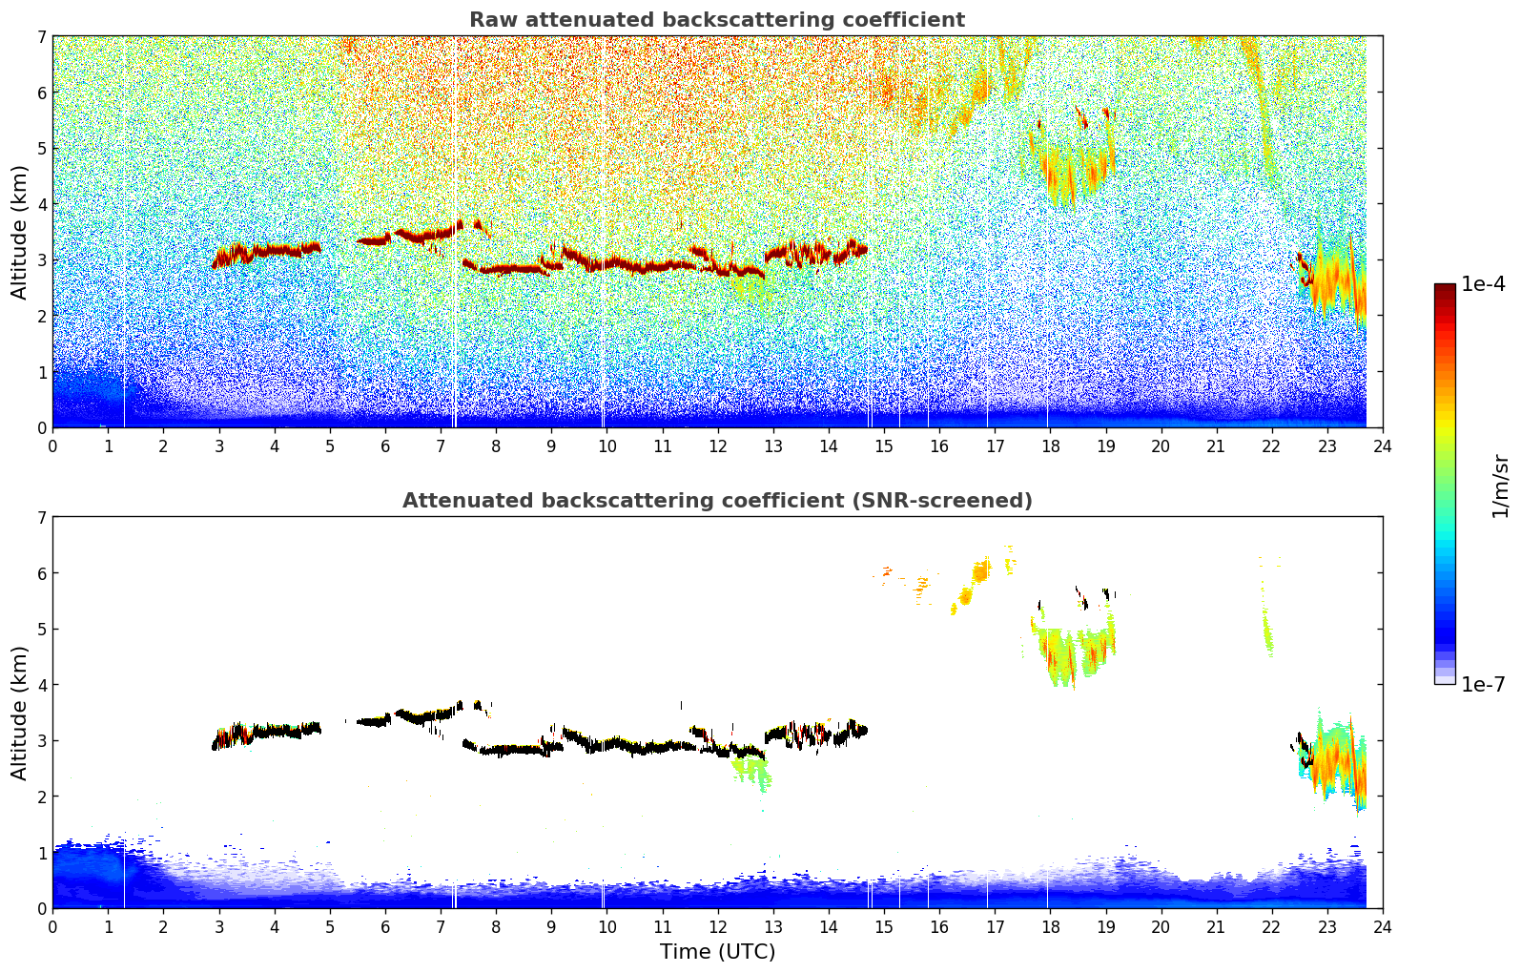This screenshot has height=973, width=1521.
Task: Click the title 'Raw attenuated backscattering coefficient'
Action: point(716,20)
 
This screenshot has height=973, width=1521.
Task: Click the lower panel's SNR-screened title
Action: point(716,501)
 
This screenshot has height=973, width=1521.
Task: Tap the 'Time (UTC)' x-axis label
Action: point(717,952)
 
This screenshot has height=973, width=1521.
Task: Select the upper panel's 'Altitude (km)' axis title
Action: point(20,232)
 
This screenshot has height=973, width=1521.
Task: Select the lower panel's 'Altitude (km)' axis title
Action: point(20,713)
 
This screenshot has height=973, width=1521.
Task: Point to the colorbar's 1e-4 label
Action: point(1483,284)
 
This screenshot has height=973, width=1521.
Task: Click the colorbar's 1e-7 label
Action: point(1483,684)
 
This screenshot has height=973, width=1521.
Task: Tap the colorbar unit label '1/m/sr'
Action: point(1501,486)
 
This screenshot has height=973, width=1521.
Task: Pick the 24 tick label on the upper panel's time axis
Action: point(1382,446)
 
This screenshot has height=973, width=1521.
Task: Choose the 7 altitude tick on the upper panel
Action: point(41,36)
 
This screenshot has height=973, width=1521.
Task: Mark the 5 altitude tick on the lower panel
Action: point(41,629)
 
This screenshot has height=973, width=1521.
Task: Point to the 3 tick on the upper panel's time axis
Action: point(219,446)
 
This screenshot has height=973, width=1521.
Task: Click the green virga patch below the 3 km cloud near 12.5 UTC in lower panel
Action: point(751,770)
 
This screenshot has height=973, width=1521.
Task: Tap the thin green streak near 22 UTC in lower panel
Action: point(1267,630)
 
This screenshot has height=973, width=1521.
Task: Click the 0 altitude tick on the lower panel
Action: point(41,908)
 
